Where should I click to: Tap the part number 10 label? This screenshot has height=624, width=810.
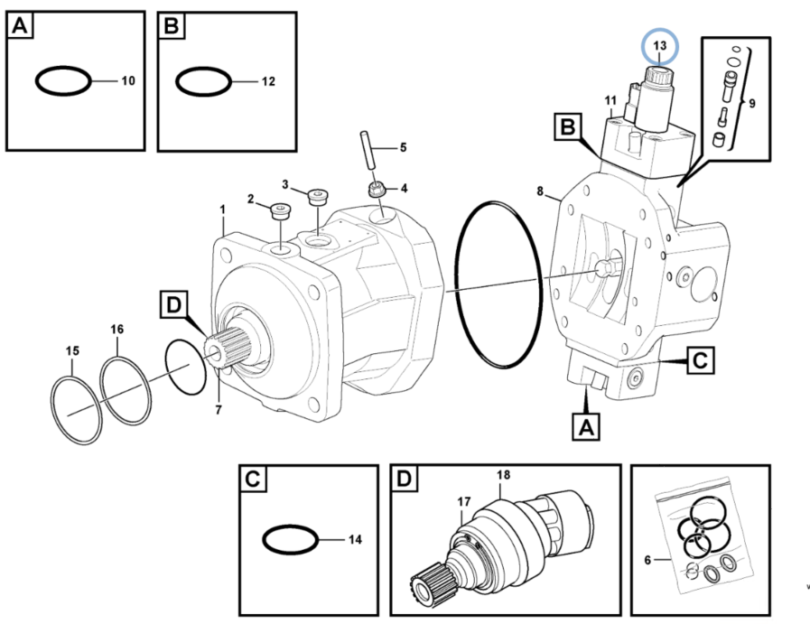click(x=127, y=81)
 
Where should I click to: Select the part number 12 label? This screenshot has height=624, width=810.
click(x=268, y=82)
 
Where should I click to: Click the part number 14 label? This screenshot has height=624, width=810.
click(x=355, y=540)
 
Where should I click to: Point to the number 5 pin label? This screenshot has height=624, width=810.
click(x=403, y=147)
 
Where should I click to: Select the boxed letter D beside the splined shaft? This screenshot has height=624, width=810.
click(x=173, y=305)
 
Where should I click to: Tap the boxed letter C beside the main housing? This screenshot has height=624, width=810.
click(x=700, y=362)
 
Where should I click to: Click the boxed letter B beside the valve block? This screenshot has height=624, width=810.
click(x=566, y=128)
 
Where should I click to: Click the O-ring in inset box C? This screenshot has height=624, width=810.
click(x=290, y=541)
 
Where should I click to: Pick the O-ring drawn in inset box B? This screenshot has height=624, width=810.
click(x=204, y=83)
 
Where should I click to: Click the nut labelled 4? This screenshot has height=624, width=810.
click(x=377, y=189)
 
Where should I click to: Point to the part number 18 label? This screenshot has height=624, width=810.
click(x=503, y=475)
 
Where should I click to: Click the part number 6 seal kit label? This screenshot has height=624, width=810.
click(x=647, y=561)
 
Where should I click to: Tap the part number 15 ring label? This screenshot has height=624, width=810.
click(x=72, y=350)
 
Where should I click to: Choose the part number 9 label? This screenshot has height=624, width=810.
click(x=751, y=102)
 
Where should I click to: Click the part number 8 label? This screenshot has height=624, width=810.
click(x=540, y=191)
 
